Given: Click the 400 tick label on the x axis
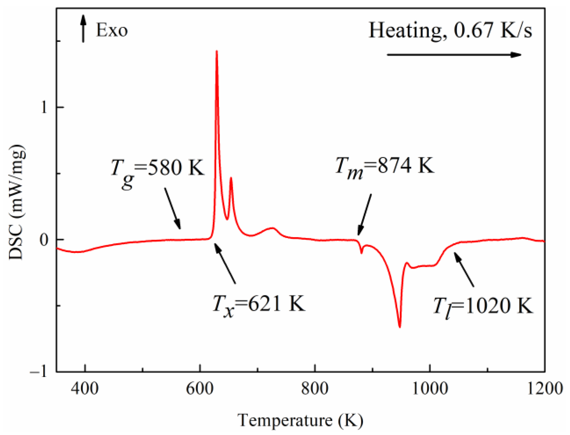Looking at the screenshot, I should pos(85,389).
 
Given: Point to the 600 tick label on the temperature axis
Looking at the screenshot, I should pos(200,389).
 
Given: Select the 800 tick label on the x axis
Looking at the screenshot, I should pos(315,389).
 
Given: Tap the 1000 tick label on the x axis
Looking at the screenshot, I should pos(430,389).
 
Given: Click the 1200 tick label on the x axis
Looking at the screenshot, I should pos(545,389).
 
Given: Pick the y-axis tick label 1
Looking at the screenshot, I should pos(44,107).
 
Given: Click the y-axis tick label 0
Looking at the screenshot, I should pos(44,240).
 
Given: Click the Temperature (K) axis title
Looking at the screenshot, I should pos(300,421).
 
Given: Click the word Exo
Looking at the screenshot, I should pos(112,30).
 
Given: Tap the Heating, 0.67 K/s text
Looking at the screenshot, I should pos(450,30).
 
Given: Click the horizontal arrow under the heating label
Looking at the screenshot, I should pos(454,55).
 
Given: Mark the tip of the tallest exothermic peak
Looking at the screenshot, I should pos(216,51).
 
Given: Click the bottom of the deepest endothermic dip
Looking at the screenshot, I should pos(400,327).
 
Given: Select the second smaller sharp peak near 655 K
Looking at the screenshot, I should pos(231,178).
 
